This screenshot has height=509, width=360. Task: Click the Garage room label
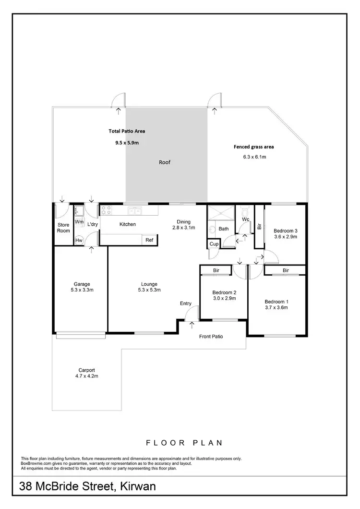(x=81, y=284)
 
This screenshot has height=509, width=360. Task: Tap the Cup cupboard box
(x=214, y=244)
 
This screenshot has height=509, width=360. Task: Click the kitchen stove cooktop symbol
(x=106, y=210)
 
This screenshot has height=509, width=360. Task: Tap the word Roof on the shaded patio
(x=165, y=162)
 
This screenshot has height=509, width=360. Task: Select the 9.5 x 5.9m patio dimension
(x=127, y=143)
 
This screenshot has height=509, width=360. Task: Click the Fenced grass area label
(x=253, y=147)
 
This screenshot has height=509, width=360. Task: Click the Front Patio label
(x=211, y=336)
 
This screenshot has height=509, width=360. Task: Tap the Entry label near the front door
(x=186, y=303)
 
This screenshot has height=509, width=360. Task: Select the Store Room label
(x=63, y=228)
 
